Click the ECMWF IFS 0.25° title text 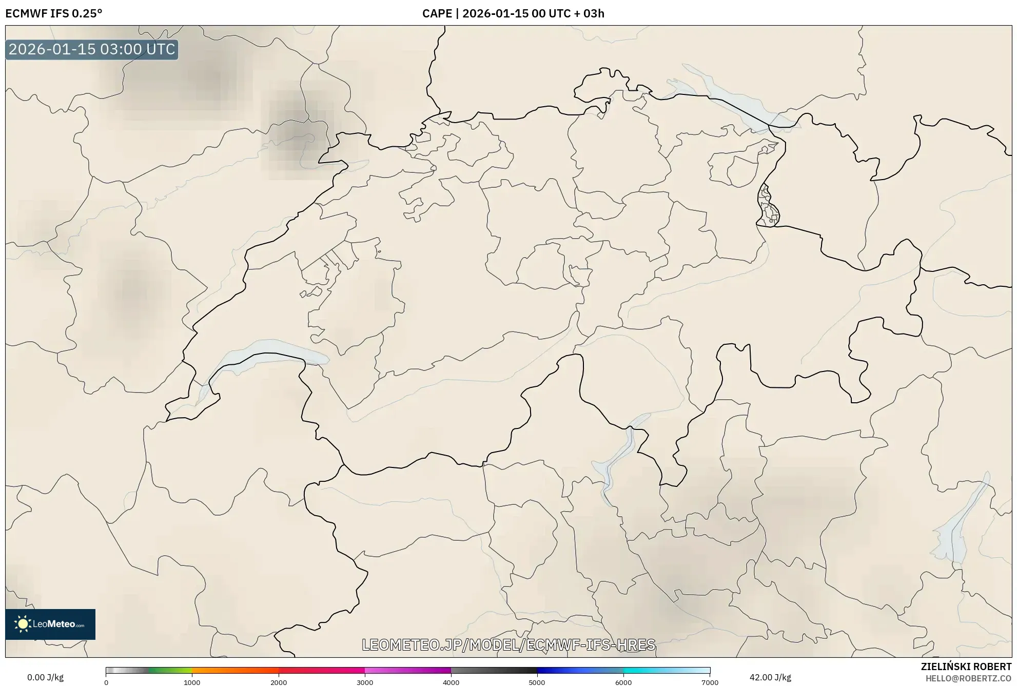pos(54,13)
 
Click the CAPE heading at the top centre pos(513,13)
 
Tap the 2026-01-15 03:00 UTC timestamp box pos(92,49)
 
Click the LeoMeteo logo pos(50,624)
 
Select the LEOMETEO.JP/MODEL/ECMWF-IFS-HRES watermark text pos(508,644)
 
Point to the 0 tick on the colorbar pos(106,682)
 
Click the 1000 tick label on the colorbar pos(192,682)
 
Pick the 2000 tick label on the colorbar pos(279,682)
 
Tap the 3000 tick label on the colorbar pos(365,682)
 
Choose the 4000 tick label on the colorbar pos(451,682)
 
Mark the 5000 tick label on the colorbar pos(537,682)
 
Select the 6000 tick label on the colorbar pos(623,682)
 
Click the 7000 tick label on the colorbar pos(710,682)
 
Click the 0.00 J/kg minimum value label pos(45,677)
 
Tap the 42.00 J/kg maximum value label pos(770,677)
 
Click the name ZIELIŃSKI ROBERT pos(966,667)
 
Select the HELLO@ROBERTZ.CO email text pos(968,678)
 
